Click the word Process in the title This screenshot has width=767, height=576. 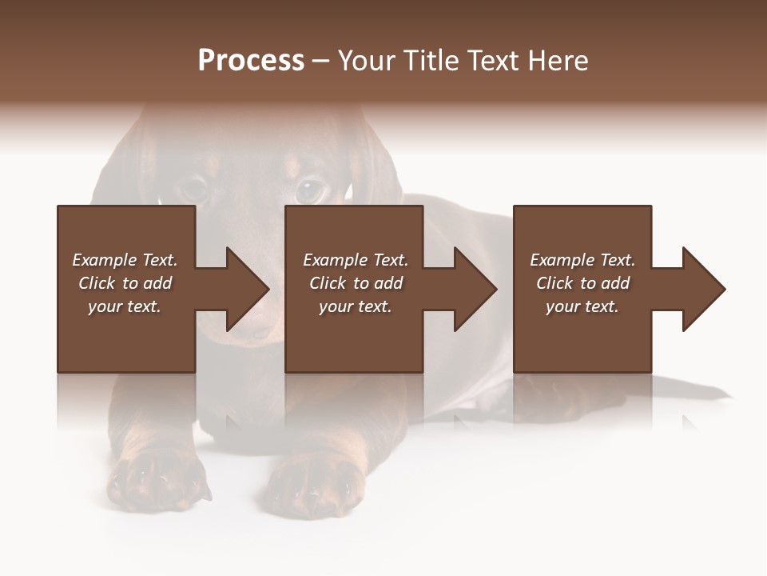tap(251, 61)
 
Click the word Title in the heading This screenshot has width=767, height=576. tap(430, 61)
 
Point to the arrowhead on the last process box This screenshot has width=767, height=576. tap(702, 289)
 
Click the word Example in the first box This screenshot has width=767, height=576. tap(104, 260)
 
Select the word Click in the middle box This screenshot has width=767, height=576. tap(328, 283)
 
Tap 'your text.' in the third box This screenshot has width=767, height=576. tap(582, 306)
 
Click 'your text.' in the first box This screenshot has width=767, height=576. tap(125, 306)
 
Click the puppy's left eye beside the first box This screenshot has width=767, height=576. tap(193, 190)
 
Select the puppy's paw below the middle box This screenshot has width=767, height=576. tap(312, 483)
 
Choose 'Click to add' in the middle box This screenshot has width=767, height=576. tap(356, 283)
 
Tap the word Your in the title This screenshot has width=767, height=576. tap(366, 61)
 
